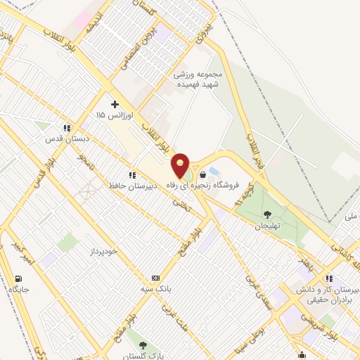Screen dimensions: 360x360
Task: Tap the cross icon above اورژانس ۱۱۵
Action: click(x=115, y=104)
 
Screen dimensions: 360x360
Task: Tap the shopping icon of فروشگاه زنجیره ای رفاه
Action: click(x=203, y=174)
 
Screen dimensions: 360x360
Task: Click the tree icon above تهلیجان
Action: click(x=267, y=214)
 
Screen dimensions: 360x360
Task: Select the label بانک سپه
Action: click(x=155, y=288)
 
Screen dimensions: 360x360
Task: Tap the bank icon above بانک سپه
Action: click(x=155, y=278)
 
